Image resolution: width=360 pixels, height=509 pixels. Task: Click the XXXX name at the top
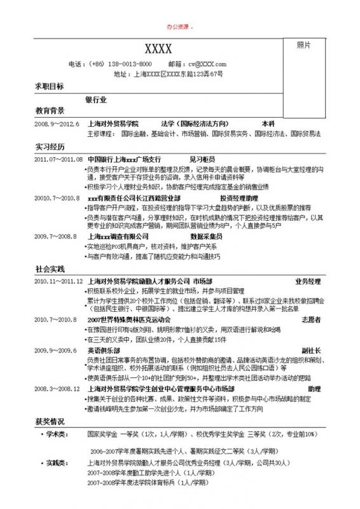coord(158,49)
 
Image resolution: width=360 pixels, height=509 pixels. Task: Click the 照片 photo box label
coord(304,45)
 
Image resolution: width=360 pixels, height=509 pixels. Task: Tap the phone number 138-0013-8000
coord(130,64)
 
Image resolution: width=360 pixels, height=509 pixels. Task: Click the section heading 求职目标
coord(49,87)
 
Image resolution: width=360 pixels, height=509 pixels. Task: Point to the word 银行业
coord(97,100)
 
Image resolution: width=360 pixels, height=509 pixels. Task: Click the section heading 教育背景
coord(49,111)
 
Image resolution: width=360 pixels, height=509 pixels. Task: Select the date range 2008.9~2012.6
coord(57,123)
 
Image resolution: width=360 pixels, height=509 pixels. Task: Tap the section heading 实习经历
coord(49,147)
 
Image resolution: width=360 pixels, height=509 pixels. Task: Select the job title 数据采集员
coord(205,236)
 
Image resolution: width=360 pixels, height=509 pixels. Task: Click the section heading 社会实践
coord(49,268)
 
